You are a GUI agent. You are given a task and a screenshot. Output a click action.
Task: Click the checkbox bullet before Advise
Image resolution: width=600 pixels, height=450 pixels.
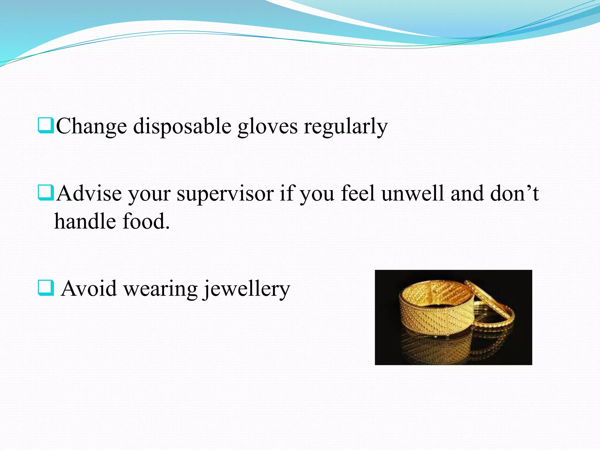[46, 192]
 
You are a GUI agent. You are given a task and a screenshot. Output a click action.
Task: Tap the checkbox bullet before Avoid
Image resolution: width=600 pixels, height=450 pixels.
[46, 288]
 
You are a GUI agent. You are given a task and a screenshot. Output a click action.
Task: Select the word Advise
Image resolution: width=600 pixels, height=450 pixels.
[89, 193]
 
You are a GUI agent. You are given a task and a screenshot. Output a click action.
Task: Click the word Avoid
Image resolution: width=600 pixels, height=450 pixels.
[89, 289]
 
